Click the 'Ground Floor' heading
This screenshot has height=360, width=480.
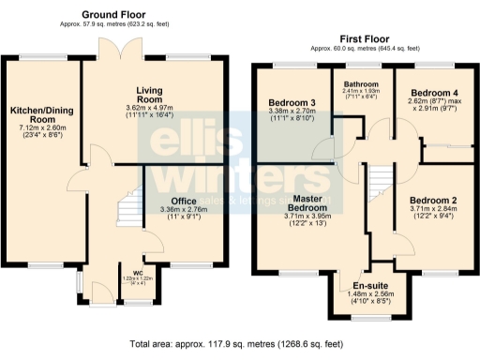113,15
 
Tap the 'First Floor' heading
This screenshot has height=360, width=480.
365,38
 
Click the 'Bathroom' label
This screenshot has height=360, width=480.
361,82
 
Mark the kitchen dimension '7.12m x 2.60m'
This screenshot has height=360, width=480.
37,127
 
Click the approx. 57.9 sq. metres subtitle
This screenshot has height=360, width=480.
113,27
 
